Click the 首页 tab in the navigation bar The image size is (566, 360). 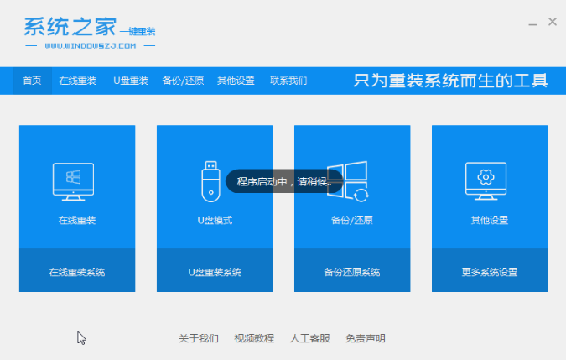pos(32,81)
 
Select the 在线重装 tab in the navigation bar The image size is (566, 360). pos(78,81)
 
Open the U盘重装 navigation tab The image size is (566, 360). pos(131,81)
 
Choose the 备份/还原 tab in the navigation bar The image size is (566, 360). pos(183,81)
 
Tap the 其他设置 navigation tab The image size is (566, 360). pos(236,81)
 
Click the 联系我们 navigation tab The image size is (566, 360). pos(288,81)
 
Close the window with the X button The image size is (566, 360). pos(553,22)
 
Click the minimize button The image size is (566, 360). pos(532,24)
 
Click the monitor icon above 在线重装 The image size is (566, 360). pos(73,181)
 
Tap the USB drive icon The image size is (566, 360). pos(210,181)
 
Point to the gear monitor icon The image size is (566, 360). pos(486,181)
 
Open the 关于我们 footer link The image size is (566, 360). pos(199,338)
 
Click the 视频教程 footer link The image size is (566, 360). pos(254,338)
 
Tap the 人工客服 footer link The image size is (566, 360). pos(310,338)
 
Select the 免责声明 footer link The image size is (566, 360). pos(366,338)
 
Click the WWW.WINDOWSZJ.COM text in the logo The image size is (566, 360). pos(91,46)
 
